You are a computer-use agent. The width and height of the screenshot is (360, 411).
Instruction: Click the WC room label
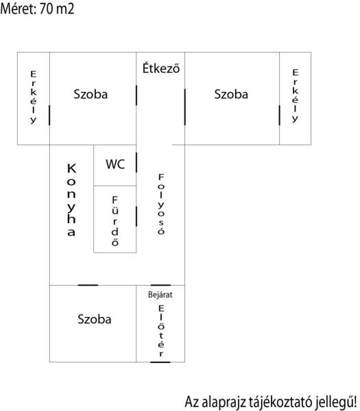(115, 164)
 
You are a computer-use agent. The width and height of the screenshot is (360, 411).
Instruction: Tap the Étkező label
(161, 68)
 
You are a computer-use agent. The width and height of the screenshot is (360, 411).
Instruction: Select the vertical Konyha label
(71, 200)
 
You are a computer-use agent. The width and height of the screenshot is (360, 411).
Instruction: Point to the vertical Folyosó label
(161, 203)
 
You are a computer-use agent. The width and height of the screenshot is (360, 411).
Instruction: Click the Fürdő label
(115, 221)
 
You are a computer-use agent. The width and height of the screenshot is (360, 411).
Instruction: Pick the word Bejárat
(160, 295)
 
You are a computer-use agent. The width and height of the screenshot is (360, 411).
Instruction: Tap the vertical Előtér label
(161, 331)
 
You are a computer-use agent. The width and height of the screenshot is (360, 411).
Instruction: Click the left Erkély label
(34, 97)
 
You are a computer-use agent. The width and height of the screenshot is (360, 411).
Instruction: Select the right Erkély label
(295, 96)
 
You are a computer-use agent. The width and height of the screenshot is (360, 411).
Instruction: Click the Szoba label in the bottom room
(95, 319)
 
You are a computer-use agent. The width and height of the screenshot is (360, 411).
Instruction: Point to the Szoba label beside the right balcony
(231, 94)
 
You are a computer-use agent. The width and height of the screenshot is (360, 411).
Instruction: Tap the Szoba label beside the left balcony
(91, 94)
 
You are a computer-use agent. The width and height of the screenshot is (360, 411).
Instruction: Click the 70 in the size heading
(46, 9)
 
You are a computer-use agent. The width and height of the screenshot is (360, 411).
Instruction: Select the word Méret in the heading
(19, 9)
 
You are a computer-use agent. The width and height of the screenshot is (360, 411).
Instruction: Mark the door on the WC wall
(136, 162)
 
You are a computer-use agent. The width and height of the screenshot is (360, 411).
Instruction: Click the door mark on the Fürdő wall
(136, 216)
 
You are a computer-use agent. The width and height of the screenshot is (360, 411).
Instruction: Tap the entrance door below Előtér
(160, 362)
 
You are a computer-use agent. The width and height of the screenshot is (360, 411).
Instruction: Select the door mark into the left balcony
(49, 115)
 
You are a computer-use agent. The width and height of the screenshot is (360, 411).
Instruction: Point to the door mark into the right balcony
(280, 115)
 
